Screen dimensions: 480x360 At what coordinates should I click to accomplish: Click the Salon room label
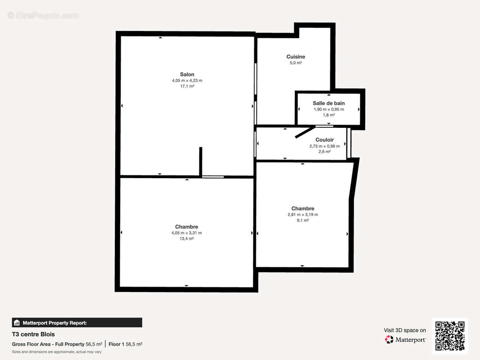tap(187, 74)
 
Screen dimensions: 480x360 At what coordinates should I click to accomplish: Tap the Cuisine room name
tap(296, 57)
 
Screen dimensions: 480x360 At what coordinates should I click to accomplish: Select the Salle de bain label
tap(329, 103)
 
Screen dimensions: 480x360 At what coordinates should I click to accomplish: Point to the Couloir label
tap(325, 140)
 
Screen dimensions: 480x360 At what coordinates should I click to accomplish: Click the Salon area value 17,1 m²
tap(187, 86)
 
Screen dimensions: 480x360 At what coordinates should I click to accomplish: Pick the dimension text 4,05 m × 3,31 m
tap(186, 233)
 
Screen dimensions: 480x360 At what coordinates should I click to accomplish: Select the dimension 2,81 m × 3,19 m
tap(303, 214)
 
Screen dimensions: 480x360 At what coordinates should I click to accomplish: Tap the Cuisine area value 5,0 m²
tap(296, 63)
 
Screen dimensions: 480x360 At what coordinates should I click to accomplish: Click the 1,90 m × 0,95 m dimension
tap(329, 109)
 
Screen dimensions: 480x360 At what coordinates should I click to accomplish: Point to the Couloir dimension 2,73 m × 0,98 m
tap(325, 146)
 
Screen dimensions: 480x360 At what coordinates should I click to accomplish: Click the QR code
tap(450, 336)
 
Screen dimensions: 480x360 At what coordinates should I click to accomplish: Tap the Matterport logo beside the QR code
tap(405, 339)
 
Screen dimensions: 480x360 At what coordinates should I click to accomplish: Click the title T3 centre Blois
tap(33, 334)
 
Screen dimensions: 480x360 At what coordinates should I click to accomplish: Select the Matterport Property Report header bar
tap(77, 323)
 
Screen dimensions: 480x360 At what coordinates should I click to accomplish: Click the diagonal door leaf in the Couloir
tap(304, 132)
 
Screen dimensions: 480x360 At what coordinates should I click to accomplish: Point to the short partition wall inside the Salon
tap(201, 162)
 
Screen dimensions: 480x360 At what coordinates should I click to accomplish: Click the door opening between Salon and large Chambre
tap(213, 177)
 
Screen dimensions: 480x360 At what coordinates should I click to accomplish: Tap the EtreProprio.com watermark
tap(43, 15)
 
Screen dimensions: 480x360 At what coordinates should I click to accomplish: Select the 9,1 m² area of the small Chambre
tap(303, 220)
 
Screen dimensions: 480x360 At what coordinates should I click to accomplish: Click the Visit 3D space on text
tap(405, 330)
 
